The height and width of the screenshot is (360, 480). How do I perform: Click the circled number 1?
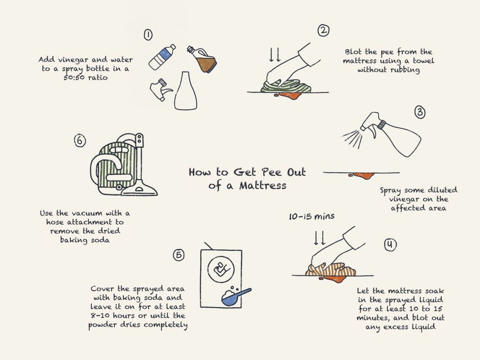point(148,35)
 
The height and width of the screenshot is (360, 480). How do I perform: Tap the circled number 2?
point(323,30)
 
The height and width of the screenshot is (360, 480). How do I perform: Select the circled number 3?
point(420,112)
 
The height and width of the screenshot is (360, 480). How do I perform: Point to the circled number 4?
point(390,244)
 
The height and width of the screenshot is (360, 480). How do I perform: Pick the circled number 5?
point(179,255)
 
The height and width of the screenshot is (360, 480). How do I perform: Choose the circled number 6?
point(80,141)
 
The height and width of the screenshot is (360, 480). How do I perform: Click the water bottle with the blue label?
point(162,57)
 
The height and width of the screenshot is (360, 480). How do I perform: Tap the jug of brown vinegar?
point(202,60)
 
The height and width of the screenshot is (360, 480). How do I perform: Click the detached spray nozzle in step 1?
point(160,89)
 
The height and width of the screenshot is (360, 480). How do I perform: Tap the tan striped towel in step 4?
point(331,269)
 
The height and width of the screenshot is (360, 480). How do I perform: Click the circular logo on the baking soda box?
point(221,270)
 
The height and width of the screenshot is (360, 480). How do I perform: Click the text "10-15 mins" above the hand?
point(312,217)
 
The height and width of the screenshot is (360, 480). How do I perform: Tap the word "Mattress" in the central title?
point(263,186)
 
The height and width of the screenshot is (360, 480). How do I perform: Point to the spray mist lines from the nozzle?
point(352,138)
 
